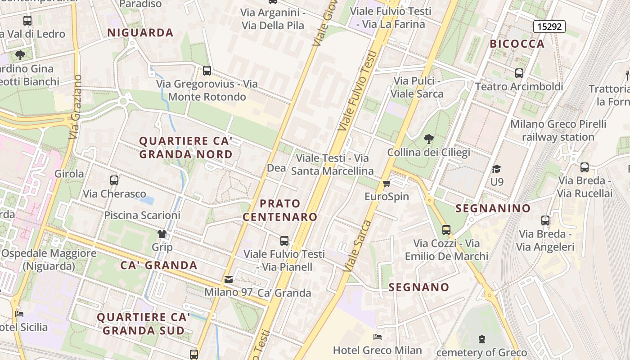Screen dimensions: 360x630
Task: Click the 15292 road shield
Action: point(549,27)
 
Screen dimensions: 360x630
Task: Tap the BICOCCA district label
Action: point(517,44)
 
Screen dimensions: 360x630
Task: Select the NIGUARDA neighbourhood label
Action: point(140,32)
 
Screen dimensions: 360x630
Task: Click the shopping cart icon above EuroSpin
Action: point(386,184)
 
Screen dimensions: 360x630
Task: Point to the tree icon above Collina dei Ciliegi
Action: point(428,139)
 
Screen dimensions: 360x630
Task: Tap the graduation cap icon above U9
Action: point(496,169)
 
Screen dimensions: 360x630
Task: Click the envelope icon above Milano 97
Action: point(229,279)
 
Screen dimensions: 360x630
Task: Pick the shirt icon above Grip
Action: point(162,234)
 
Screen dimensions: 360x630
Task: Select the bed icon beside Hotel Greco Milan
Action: point(378,337)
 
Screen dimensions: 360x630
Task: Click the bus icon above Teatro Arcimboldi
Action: point(519,73)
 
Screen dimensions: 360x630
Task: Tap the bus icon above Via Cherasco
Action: point(114,180)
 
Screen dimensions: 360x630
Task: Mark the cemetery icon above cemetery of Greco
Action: point(482,339)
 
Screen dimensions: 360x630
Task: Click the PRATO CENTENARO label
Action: point(280,210)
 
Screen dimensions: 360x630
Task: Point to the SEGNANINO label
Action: point(493,208)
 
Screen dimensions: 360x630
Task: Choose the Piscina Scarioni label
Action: point(142,215)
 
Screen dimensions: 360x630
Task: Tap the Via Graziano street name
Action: point(76,107)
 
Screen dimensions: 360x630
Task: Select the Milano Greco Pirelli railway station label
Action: point(558,130)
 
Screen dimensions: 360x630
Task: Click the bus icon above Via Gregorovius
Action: point(207,71)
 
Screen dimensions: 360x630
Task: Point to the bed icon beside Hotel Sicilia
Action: point(19,314)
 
